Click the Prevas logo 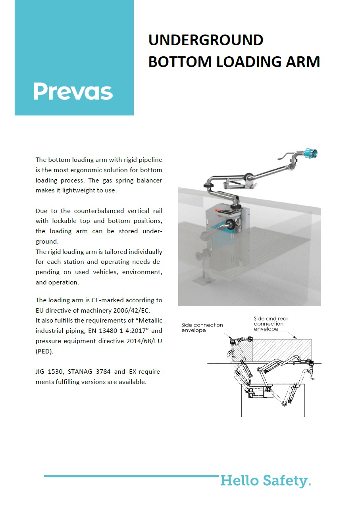pos(73,91)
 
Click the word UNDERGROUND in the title pos(206,40)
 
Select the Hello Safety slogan pos(266,481)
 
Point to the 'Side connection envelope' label pos(202,327)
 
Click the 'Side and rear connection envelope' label pos(271,324)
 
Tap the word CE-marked pos(107,300)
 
